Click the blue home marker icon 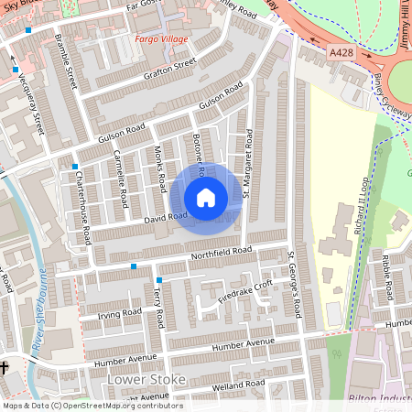(x=206, y=198)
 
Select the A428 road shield (x=342, y=53)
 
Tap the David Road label (x=166, y=218)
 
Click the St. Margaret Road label (x=248, y=164)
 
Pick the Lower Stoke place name (x=146, y=379)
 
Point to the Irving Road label (x=120, y=314)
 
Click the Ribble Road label (x=387, y=278)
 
